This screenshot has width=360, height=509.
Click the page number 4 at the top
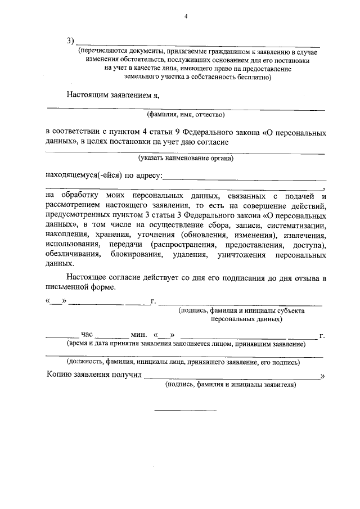tap(185, 16)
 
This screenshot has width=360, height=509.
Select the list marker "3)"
tap(70, 41)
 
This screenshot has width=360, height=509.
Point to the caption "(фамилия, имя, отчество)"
tap(186, 115)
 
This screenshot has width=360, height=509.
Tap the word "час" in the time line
tap(87, 335)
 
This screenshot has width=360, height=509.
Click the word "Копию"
tap(58, 375)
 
